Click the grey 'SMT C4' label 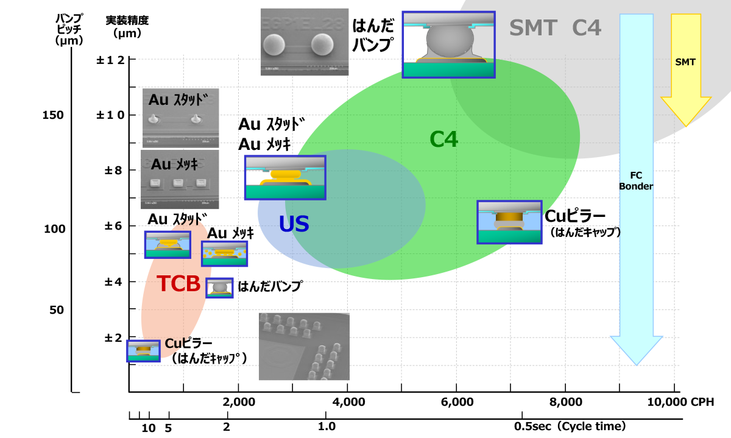click(x=555, y=28)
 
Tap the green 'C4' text click(x=443, y=140)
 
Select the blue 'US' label click(x=294, y=224)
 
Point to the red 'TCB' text click(x=178, y=284)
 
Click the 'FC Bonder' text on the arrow click(x=636, y=181)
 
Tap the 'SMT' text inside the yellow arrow click(x=685, y=62)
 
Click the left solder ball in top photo click(x=274, y=44)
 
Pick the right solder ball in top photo click(x=322, y=44)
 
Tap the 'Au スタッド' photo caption click(x=178, y=99)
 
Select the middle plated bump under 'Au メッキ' click(x=178, y=182)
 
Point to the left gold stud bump click(x=154, y=119)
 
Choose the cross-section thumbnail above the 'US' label click(x=284, y=177)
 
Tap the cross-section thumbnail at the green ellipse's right click(x=509, y=222)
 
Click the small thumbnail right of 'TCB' click(x=219, y=288)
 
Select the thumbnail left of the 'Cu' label click(x=143, y=351)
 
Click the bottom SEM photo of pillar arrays click(x=304, y=347)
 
